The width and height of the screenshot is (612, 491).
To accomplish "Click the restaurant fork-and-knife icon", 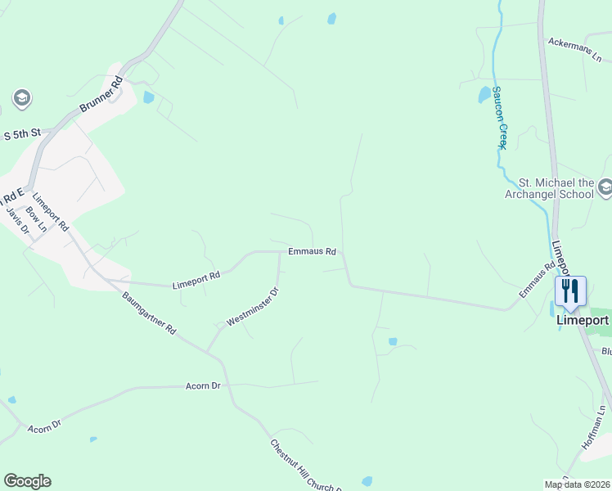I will click(570, 291).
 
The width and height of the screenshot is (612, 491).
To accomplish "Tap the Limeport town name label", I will click(583, 320).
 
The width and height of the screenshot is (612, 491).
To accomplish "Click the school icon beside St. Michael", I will click(605, 188).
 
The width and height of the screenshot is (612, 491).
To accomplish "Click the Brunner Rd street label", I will click(101, 97).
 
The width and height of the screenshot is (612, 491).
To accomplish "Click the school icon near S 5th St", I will click(22, 99).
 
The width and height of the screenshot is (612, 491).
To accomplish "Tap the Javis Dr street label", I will click(17, 220).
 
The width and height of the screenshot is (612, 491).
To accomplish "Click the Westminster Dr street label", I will click(253, 307).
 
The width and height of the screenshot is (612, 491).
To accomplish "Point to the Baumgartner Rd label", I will click(150, 313).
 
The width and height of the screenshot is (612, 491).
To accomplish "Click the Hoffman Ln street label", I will click(594, 426).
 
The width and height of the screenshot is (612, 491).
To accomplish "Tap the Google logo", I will click(27, 481).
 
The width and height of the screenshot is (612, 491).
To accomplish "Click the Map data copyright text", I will click(577, 484).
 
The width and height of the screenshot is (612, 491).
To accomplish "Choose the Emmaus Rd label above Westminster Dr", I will click(312, 251).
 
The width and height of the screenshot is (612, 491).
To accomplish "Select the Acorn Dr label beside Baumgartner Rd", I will click(204, 385).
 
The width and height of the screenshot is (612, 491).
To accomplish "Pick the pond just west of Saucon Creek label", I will click(484, 94).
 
